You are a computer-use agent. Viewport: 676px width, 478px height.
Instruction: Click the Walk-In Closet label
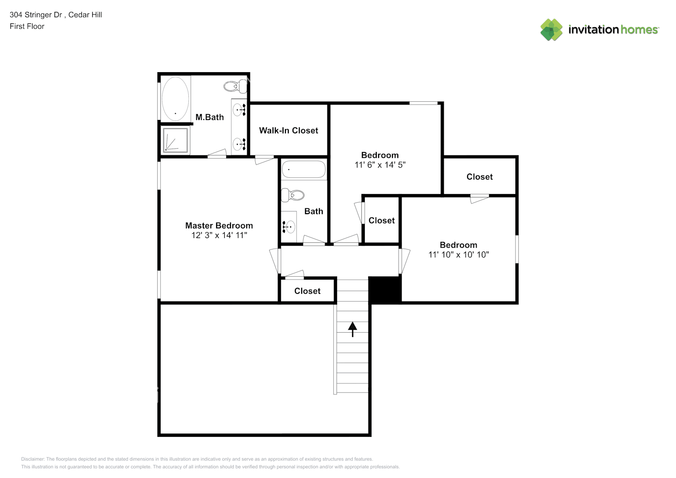point(288,130)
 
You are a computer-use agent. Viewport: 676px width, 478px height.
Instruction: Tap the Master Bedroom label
point(219,226)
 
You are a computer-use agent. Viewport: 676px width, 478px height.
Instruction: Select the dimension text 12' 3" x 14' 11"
point(219,235)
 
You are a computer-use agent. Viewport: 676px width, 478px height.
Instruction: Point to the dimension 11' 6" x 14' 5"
point(380,165)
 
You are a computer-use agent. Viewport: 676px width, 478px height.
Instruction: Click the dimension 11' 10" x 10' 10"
point(458,255)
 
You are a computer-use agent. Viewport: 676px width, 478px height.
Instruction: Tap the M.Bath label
point(209,117)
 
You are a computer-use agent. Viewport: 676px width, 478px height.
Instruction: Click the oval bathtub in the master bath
point(175,98)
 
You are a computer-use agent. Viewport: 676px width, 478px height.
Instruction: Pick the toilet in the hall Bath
point(293,195)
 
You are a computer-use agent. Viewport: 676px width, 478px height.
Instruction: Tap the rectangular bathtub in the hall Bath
point(304,169)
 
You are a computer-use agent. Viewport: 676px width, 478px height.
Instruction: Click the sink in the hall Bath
point(288,226)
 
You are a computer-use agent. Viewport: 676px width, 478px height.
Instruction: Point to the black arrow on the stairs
point(352,329)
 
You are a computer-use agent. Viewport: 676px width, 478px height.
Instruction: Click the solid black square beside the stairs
point(385,290)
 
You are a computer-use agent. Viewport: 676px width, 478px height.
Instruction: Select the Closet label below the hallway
point(307,291)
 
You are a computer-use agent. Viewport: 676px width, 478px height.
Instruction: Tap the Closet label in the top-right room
point(480,177)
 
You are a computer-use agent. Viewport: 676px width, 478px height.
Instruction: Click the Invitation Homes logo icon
point(551,30)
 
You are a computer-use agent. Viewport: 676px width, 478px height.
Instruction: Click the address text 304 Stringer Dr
point(36,15)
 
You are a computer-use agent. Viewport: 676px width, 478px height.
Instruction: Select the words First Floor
point(27,26)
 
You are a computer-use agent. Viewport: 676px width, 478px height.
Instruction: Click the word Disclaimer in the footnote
point(33,459)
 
